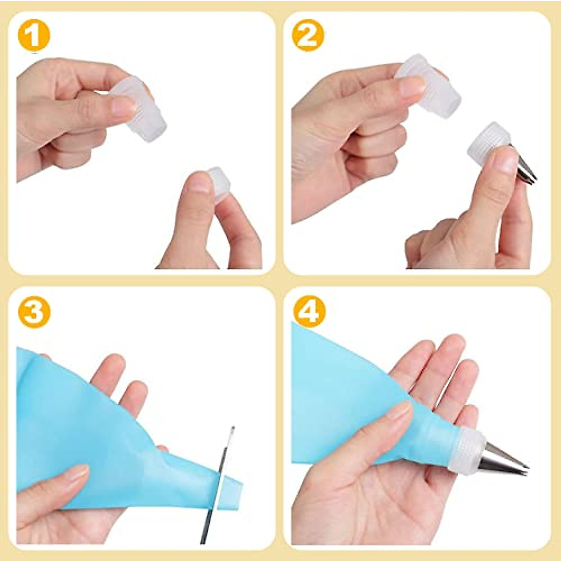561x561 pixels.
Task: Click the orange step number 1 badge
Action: click(x=34, y=36)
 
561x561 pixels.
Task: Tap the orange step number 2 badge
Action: click(x=308, y=36)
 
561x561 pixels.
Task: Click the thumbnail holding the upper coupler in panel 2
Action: click(x=411, y=86)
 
